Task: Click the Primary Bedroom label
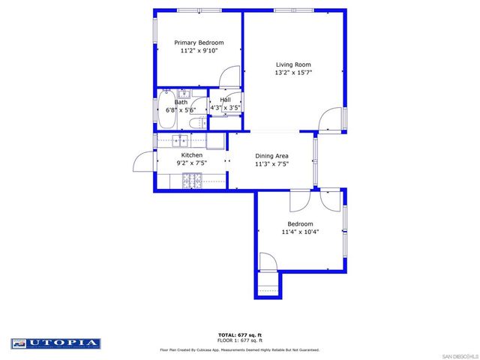[x=199, y=43]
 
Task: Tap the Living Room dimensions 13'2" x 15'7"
[x=293, y=73]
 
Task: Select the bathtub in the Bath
[x=166, y=104]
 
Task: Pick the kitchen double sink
[x=180, y=140]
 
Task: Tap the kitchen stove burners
[x=192, y=179]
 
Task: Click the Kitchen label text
[x=192, y=154]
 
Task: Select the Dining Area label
[x=271, y=155]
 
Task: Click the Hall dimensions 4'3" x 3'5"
[x=225, y=108]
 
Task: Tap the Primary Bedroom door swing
[x=230, y=76]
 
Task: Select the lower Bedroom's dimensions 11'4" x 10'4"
[x=300, y=232]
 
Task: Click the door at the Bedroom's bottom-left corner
[x=268, y=262]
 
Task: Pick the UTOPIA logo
[x=56, y=343]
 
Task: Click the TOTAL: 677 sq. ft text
[x=240, y=334]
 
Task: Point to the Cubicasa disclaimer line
[x=240, y=349]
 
